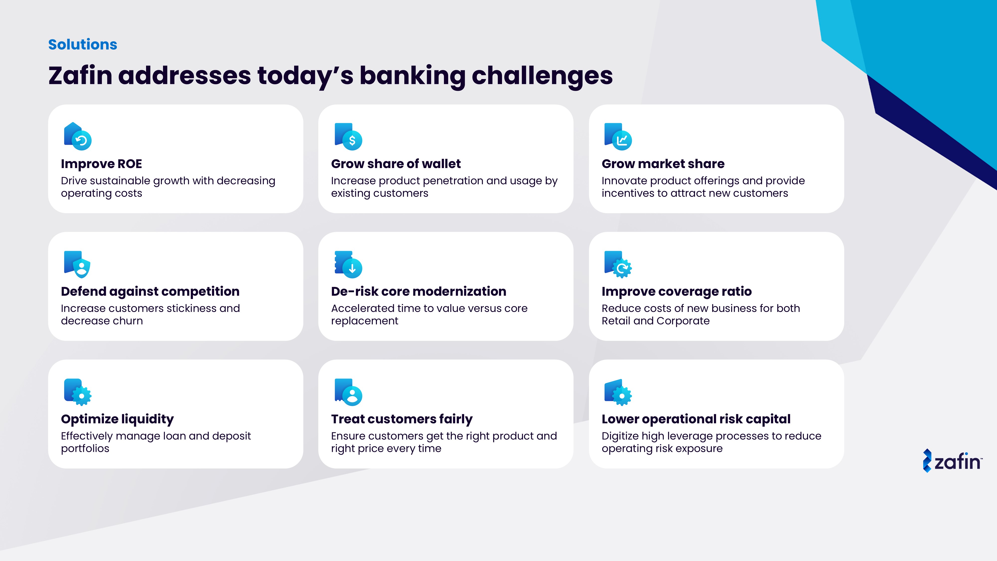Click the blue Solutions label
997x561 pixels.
(83, 45)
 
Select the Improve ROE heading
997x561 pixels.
(101, 164)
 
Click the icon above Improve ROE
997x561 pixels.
(78, 136)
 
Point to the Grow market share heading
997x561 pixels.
(663, 164)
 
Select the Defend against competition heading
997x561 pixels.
(150, 291)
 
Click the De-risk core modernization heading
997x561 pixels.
(419, 291)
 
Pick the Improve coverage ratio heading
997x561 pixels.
(676, 291)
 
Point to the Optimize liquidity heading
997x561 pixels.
(117, 419)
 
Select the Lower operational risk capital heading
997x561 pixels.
(696, 419)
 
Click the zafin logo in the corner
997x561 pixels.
(952, 461)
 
